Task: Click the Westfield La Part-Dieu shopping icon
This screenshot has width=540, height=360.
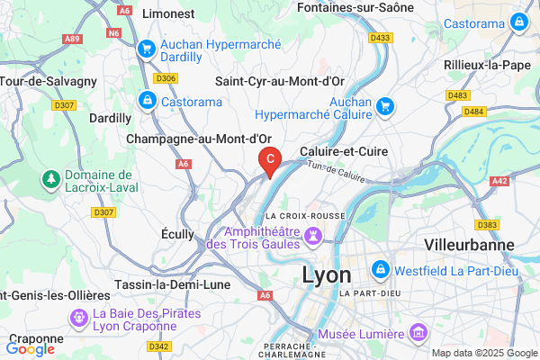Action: click(x=382, y=269)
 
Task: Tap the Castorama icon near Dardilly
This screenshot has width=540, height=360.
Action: click(x=147, y=101)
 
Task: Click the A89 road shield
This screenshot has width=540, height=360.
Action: click(x=72, y=40)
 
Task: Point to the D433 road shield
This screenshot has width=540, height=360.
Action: click(x=381, y=38)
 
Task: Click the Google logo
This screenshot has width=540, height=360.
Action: click(x=31, y=348)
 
